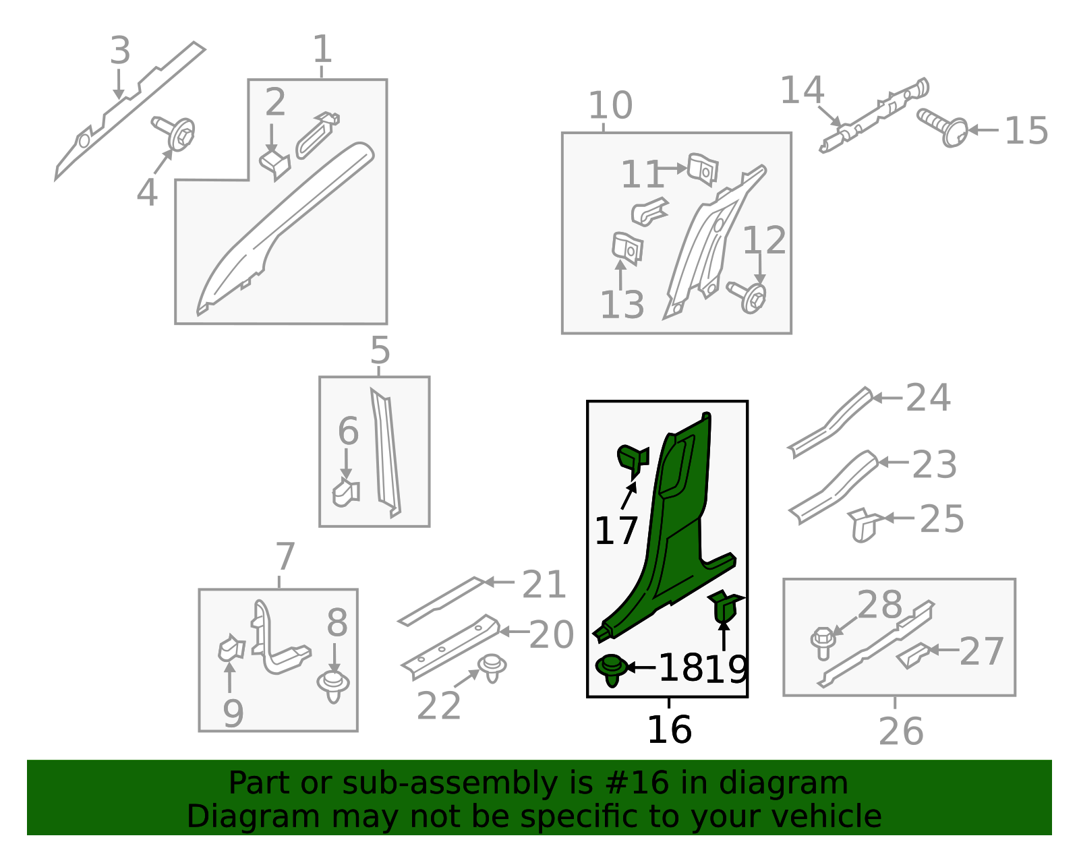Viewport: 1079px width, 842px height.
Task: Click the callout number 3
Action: [120, 50]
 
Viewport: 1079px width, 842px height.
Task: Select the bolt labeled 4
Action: [174, 132]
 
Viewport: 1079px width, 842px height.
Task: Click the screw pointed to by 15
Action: [943, 127]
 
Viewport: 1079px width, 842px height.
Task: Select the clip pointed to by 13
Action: [627, 248]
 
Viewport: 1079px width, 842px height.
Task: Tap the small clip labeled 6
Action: [346, 493]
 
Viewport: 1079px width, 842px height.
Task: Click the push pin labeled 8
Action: [333, 686]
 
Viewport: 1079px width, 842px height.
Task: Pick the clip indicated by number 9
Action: [231, 648]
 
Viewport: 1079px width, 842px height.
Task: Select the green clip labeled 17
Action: [633, 460]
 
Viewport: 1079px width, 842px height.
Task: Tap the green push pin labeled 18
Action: [612, 669]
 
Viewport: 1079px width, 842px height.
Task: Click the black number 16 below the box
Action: [670, 729]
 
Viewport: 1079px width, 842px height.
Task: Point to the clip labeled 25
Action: [865, 524]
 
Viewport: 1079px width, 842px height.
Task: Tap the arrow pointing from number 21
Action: [499, 582]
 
